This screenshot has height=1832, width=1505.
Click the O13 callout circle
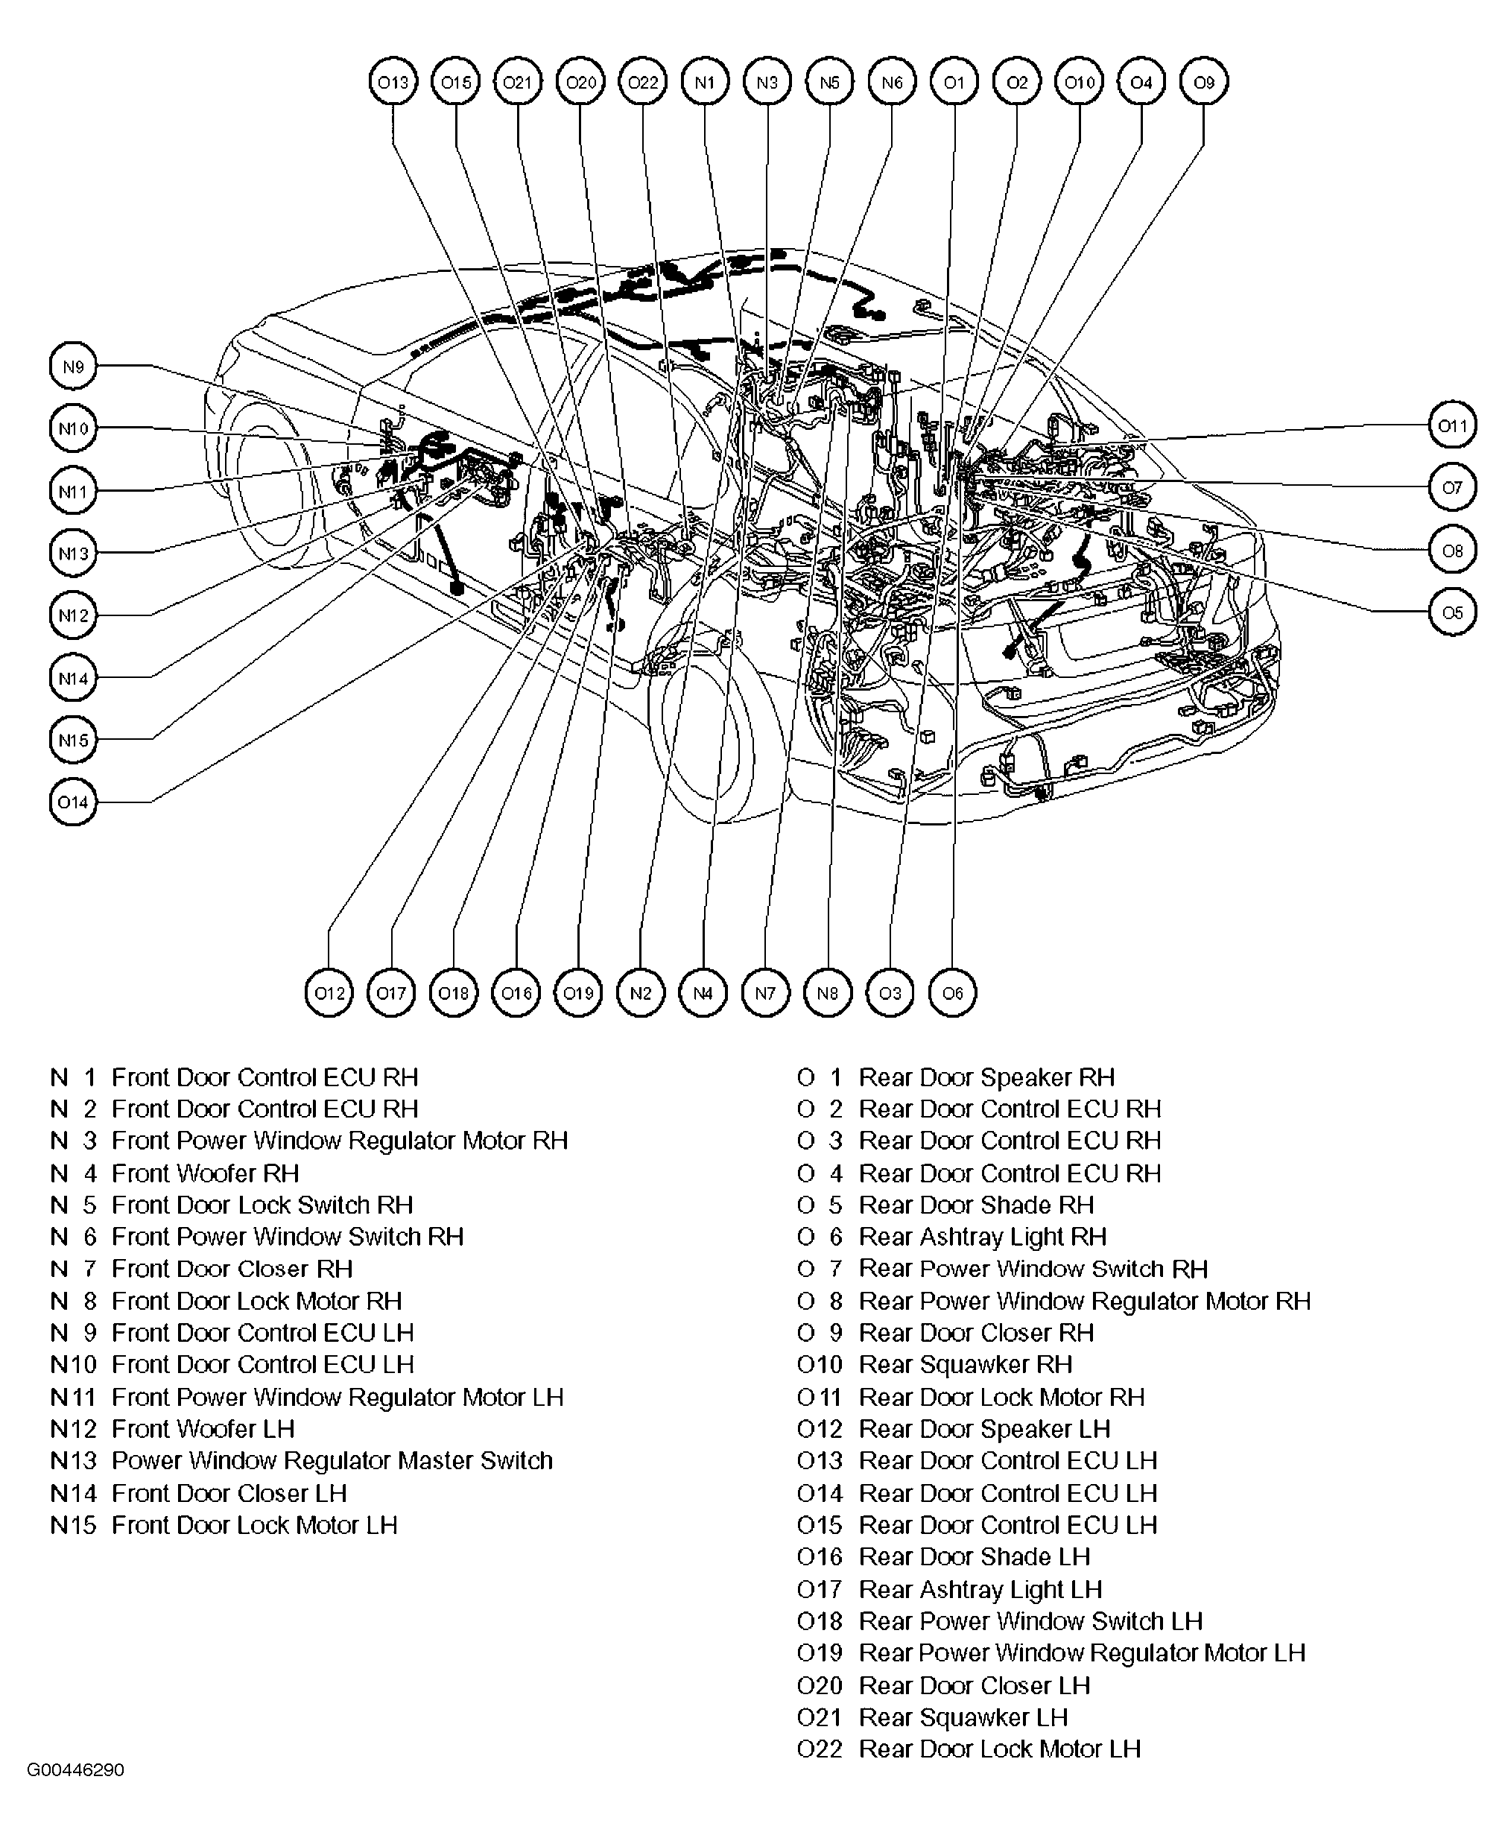393,83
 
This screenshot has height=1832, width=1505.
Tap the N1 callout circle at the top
705,83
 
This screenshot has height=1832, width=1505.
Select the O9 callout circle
1204,83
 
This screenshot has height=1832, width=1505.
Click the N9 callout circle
74,367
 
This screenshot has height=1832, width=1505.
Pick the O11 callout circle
1452,425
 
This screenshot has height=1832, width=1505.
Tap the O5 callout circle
1452,612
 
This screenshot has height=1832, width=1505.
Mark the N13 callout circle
74,553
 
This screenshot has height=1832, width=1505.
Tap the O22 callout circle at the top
642,83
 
